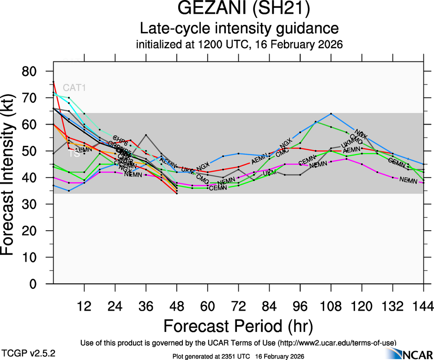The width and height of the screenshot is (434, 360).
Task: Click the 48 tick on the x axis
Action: point(177,306)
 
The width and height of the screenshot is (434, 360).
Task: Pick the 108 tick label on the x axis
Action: point(331,306)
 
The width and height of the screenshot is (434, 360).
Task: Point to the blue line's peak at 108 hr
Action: point(331,114)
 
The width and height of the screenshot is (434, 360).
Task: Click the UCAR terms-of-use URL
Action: point(336,343)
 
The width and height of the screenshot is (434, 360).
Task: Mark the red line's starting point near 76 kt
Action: point(54,82)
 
